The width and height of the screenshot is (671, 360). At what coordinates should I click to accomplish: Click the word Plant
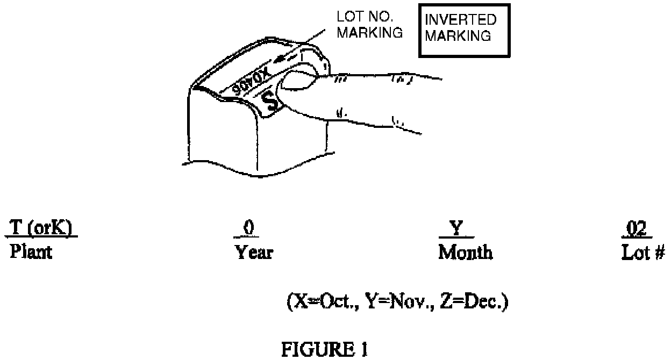click(x=30, y=252)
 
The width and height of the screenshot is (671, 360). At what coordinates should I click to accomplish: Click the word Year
click(x=253, y=252)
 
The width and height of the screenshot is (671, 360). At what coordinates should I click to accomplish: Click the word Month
click(x=465, y=252)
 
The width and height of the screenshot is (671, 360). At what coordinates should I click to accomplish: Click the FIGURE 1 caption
click(x=324, y=349)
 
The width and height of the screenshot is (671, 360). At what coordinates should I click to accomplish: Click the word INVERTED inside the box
click(x=460, y=20)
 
